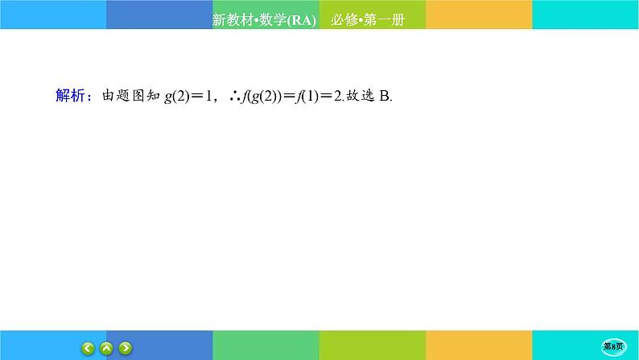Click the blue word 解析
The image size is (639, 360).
[x=70, y=96]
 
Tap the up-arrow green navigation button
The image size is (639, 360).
[x=106, y=349]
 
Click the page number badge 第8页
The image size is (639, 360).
[x=615, y=346]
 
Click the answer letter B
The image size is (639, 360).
[x=384, y=97]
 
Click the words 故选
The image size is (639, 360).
[x=359, y=97]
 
